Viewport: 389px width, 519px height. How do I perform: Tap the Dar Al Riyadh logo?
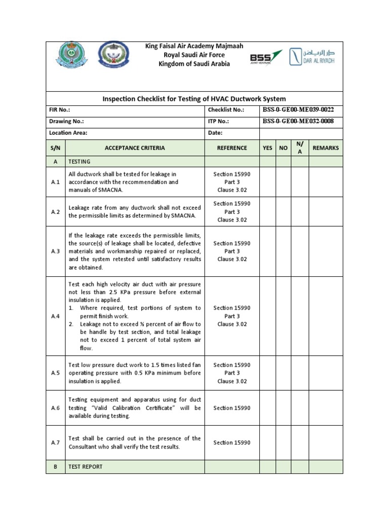click(312, 56)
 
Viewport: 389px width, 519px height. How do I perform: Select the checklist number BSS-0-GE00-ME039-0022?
click(298, 109)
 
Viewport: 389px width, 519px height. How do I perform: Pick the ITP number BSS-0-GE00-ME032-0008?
click(298, 121)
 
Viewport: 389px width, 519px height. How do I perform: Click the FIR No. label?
click(60, 110)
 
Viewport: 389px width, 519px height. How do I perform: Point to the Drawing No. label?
click(66, 122)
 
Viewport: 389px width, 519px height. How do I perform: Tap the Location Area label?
click(68, 133)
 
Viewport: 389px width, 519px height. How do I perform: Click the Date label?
click(215, 133)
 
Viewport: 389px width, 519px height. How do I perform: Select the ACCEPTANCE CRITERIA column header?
click(134, 148)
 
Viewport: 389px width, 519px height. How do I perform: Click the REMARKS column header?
click(326, 148)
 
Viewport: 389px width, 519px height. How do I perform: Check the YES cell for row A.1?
click(267, 182)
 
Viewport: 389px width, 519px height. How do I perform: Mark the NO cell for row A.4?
click(284, 316)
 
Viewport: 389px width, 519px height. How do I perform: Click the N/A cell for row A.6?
click(299, 408)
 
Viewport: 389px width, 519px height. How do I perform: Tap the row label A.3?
click(56, 251)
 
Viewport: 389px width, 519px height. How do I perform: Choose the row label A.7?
click(56, 442)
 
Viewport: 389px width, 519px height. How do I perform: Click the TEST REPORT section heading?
click(85, 467)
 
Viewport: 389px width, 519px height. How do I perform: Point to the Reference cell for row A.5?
click(232, 373)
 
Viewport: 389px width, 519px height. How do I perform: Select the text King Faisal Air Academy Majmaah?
click(194, 46)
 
